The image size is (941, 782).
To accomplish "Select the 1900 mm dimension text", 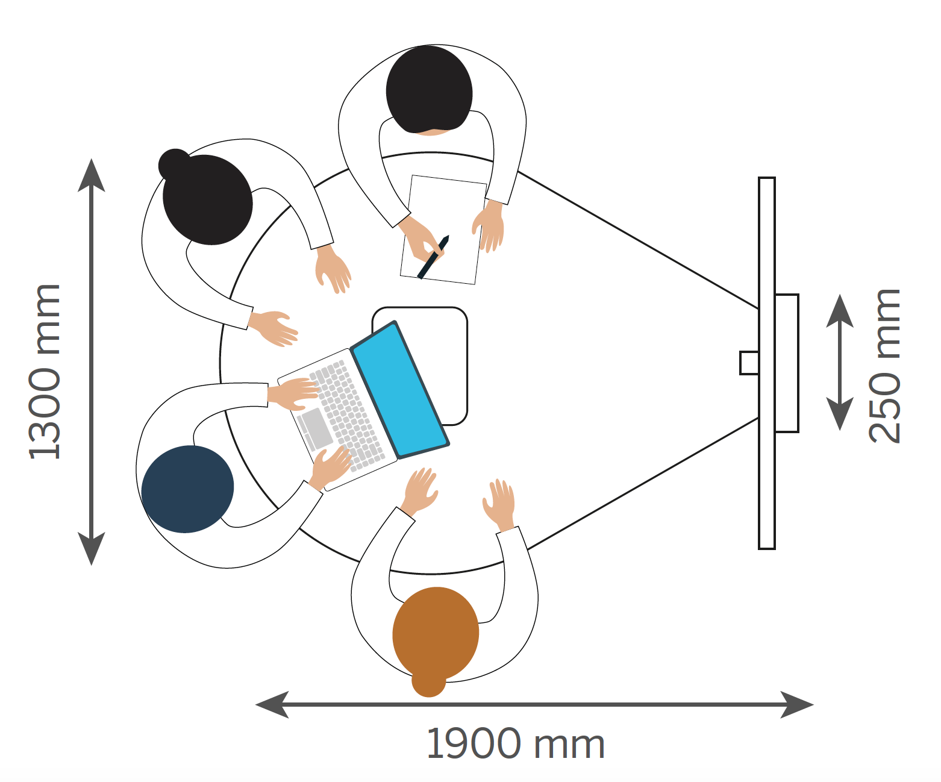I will point(515,744).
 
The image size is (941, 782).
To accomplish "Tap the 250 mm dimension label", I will point(884,366).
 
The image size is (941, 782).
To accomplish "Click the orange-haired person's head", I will point(436,633).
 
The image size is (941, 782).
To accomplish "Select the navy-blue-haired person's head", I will point(187,489).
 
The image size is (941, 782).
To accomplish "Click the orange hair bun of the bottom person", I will point(428,683).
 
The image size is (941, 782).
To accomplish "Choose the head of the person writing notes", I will point(429,89).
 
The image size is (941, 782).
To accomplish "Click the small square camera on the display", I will point(749,363).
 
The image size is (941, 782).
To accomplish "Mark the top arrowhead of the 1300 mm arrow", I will point(92,175).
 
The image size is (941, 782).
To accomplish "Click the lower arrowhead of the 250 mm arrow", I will point(839,414).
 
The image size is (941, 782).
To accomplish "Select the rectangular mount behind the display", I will point(787,363).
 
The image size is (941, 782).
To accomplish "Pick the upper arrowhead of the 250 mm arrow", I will point(839,310).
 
